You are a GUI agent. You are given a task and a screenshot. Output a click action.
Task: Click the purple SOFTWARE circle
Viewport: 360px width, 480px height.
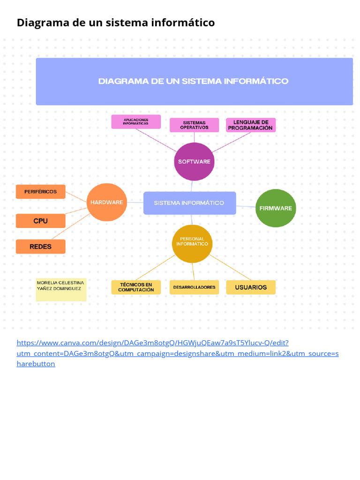pyautogui.click(x=194, y=161)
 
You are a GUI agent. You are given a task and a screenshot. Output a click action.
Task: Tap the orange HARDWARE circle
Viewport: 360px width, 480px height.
pyautogui.click(x=107, y=202)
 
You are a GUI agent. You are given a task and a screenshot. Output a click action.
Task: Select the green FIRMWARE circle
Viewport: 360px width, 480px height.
pyautogui.click(x=276, y=208)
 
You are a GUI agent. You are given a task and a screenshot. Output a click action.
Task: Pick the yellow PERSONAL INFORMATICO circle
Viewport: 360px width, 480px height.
pyautogui.click(x=192, y=243)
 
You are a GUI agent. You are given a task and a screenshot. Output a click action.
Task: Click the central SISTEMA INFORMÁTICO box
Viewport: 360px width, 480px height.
pyautogui.click(x=189, y=203)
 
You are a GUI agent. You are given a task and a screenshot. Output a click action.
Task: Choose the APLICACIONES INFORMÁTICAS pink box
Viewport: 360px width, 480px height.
pyautogui.click(x=136, y=122)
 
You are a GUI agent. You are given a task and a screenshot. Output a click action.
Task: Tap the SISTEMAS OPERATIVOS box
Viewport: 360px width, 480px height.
pyautogui.click(x=194, y=125)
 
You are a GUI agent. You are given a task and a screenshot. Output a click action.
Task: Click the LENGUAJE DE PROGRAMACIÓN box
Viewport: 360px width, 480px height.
pyautogui.click(x=250, y=125)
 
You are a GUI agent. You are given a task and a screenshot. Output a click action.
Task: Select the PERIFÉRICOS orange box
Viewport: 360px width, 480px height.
pyautogui.click(x=41, y=192)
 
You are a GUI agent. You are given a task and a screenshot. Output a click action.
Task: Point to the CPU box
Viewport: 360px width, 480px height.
pyautogui.click(x=41, y=221)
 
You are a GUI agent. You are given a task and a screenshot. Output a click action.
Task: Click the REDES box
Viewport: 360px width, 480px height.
pyautogui.click(x=41, y=247)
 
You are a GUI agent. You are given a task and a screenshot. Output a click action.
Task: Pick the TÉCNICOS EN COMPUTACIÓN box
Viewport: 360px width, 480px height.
pyautogui.click(x=136, y=287)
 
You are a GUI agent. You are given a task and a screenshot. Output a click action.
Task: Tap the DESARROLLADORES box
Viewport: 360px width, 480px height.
pyautogui.click(x=194, y=287)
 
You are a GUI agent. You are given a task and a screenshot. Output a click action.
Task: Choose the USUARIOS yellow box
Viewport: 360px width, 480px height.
pyautogui.click(x=251, y=287)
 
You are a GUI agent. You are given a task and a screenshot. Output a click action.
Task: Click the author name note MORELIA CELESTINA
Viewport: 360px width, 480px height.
pyautogui.click(x=61, y=286)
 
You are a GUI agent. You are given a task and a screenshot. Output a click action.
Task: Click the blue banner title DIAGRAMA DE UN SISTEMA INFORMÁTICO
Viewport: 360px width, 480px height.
pyautogui.click(x=193, y=82)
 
